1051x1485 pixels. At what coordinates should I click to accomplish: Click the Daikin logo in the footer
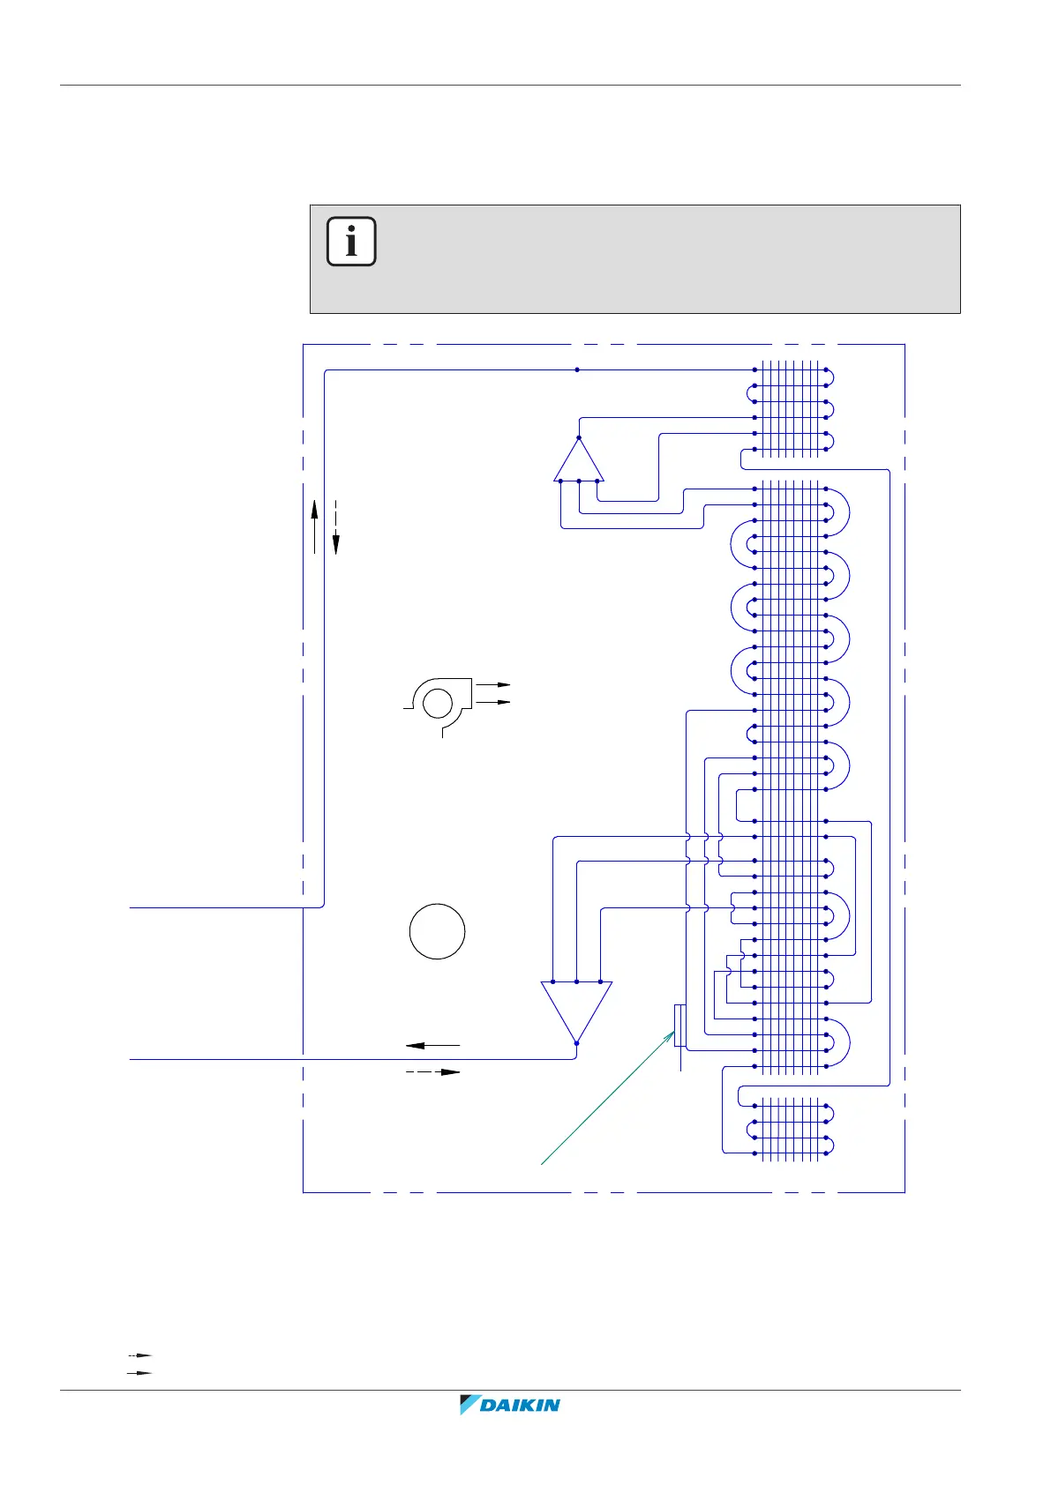pos(510,1405)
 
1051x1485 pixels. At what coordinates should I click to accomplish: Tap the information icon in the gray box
pos(351,241)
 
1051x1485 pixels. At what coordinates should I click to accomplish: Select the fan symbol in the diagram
pos(437,703)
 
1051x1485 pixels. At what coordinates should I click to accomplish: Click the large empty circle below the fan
pos(437,931)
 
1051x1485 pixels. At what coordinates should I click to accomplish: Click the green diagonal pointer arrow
pos(608,1100)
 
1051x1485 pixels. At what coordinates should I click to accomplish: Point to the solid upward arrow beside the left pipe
pos(314,526)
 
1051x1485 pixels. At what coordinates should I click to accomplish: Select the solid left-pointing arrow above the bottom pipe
pos(432,1045)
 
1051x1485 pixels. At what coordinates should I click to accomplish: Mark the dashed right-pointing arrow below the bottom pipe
pos(433,1072)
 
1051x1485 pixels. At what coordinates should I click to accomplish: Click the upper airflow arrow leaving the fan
pos(493,684)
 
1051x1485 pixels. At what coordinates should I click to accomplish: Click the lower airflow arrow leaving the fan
pos(493,702)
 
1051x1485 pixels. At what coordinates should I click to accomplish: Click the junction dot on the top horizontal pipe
pos(577,370)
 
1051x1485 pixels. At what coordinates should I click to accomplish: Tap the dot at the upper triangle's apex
pos(578,437)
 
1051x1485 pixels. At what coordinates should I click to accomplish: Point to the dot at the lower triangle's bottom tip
pos(576,1043)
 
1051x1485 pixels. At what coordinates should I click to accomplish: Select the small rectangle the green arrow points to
pos(679,1025)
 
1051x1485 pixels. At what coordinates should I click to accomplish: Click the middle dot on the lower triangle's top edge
pos(576,981)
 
